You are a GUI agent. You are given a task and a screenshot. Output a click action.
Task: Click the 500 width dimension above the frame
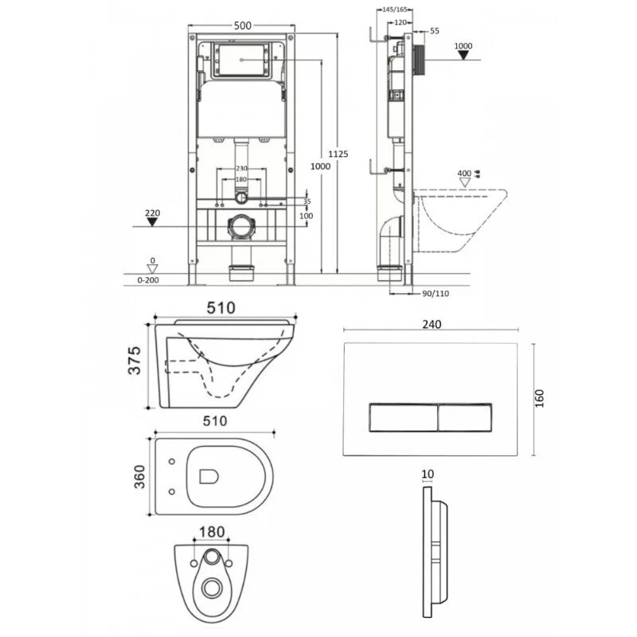[243, 25]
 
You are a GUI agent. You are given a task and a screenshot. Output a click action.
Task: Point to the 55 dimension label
[434, 30]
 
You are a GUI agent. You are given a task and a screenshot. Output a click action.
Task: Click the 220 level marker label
[154, 213]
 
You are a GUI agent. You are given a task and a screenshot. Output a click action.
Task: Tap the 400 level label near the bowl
[463, 173]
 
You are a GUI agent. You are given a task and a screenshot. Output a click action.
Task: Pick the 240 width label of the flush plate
[432, 324]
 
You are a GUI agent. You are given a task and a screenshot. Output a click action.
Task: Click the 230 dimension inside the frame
[243, 168]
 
